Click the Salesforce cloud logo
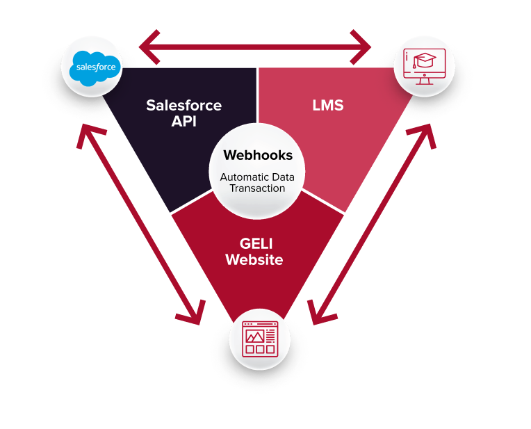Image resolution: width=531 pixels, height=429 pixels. pos(92,67)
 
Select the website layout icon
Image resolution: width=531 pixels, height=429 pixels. pos(259,339)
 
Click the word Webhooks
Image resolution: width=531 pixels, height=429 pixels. pos(257,155)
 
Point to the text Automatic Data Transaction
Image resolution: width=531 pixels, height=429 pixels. pos(257,182)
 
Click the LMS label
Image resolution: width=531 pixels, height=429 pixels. pos(328,106)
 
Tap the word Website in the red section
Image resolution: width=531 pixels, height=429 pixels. pos(257,260)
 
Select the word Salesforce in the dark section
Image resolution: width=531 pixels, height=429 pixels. pos(183,106)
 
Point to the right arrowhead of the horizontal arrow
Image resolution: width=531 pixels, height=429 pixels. pos(362,47)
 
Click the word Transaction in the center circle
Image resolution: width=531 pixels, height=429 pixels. pos(257,188)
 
